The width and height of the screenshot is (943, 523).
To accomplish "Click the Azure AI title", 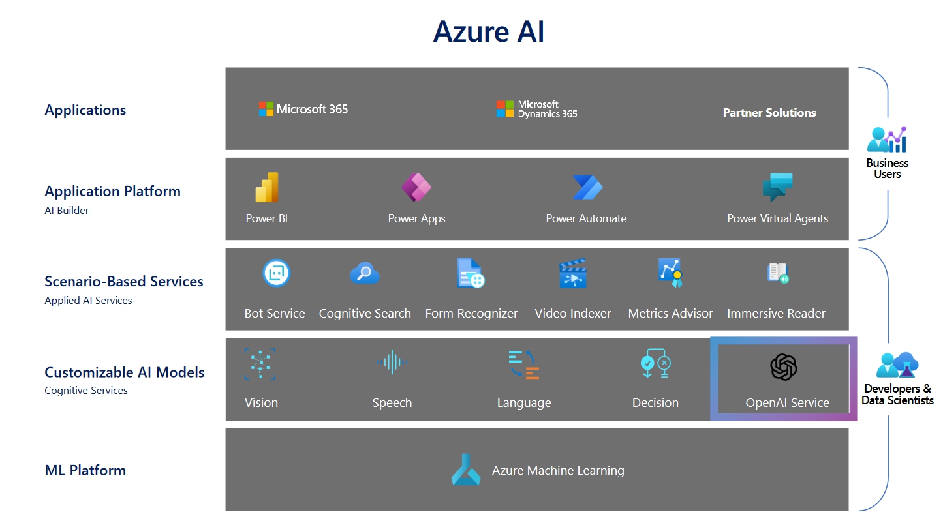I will (x=488, y=31).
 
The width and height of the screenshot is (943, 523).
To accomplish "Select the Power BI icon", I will (x=267, y=188).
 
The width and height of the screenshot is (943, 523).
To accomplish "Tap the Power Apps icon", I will (x=416, y=188).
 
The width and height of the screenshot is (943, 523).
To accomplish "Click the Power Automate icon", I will (x=587, y=188).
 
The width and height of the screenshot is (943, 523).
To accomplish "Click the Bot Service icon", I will (x=276, y=273).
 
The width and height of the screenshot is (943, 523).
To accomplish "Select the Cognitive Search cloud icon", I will (x=364, y=273).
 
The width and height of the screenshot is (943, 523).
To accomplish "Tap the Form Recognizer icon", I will (x=470, y=273).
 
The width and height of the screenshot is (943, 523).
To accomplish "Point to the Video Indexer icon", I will (x=573, y=274).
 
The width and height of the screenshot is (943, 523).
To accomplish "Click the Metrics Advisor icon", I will (x=670, y=273).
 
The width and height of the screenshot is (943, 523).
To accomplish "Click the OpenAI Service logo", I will (x=784, y=367).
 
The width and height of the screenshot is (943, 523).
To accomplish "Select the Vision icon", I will (x=260, y=364).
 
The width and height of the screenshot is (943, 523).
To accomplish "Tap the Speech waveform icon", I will (x=392, y=362).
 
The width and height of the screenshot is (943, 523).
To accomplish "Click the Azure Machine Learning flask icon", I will (x=466, y=470).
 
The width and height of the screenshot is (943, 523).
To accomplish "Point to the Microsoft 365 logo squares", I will (x=266, y=109).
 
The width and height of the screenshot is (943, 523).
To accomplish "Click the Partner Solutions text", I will (x=769, y=113).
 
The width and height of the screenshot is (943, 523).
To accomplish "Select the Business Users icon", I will (x=887, y=140).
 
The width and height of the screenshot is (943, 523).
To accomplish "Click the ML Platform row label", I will (x=85, y=470).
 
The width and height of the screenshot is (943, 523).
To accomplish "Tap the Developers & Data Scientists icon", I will (x=897, y=365).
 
